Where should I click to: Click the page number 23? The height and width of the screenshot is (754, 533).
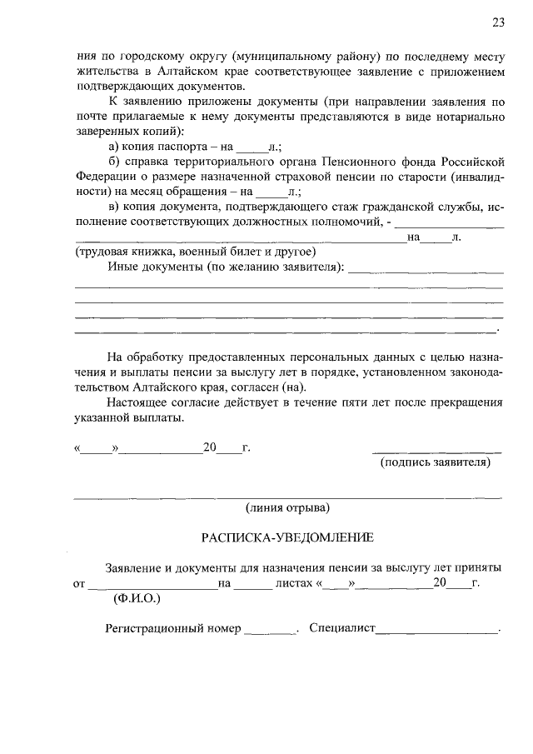pos(498,22)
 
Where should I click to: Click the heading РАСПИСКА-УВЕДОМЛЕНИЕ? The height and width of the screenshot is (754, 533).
pos(287,537)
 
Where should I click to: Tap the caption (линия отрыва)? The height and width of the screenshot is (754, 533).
pos(287,507)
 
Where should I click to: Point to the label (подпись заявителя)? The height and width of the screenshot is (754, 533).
pos(436,462)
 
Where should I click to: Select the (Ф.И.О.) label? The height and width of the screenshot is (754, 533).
pos(137,598)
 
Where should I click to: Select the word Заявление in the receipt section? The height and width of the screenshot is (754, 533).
pos(134,567)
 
